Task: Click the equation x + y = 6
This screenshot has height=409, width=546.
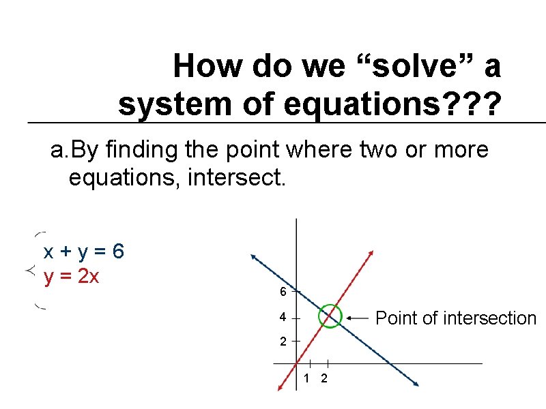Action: click(83, 252)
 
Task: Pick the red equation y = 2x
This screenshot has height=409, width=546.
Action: click(72, 277)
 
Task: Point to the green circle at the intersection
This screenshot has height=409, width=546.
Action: click(330, 316)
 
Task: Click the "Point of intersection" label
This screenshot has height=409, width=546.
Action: click(456, 318)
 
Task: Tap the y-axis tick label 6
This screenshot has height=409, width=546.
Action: click(282, 292)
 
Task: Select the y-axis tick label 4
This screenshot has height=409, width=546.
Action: click(282, 318)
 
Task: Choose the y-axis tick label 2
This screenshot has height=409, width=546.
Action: click(282, 342)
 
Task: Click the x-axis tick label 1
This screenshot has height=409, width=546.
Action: click(307, 379)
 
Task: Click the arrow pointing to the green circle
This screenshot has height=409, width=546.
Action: click(358, 318)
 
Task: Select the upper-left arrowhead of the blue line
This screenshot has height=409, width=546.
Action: click(254, 258)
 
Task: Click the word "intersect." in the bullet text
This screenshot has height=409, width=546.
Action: click(248, 180)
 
